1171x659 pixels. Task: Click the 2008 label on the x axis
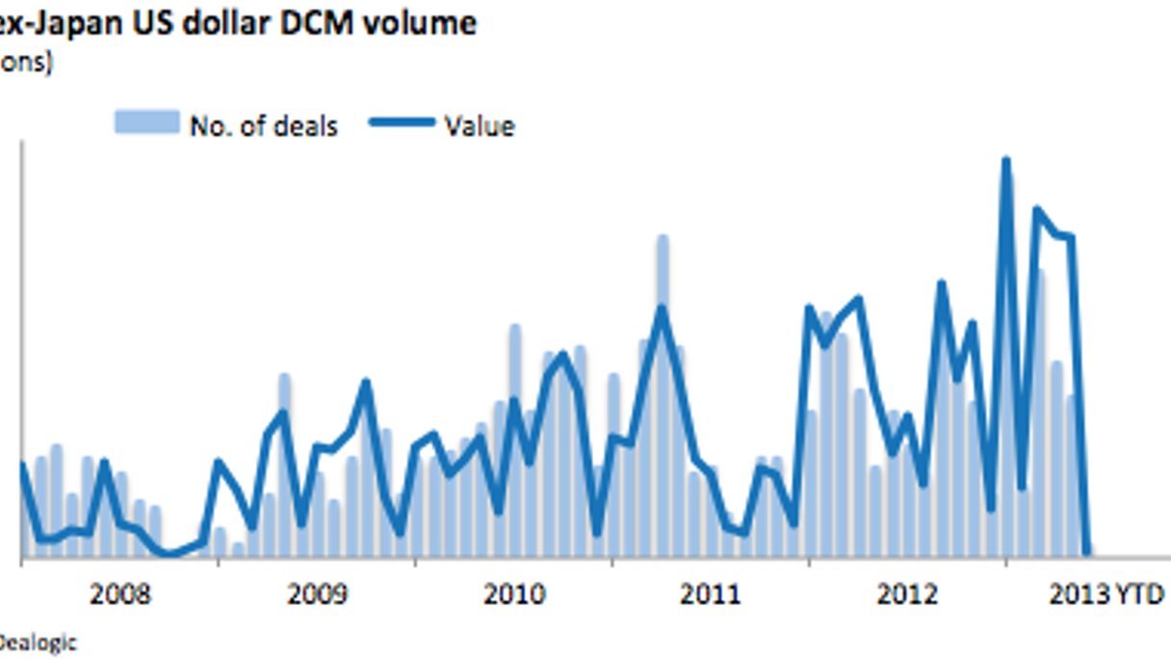(120, 594)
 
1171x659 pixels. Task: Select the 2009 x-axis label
(318, 594)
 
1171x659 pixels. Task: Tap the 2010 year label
(514, 594)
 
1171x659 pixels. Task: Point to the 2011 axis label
(711, 594)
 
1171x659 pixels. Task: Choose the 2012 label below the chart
(907, 594)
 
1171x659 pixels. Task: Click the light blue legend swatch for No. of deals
(146, 122)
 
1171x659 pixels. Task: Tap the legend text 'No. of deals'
(263, 125)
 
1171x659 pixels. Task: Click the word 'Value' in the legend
(479, 125)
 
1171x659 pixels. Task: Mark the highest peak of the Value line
(1005, 160)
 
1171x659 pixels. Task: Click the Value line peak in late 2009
(366, 382)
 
